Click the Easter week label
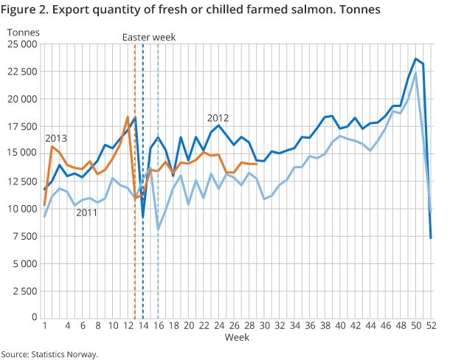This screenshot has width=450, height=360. pos(149,37)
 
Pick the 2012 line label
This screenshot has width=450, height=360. pos(218,118)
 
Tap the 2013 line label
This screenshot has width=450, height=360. pos(57,139)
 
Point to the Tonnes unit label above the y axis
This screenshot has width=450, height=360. pos(23,32)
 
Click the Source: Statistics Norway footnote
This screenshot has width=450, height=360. pos(49,354)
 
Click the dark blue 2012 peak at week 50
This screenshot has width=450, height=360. pos(416,59)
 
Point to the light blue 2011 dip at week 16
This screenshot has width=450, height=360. pos(158,229)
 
